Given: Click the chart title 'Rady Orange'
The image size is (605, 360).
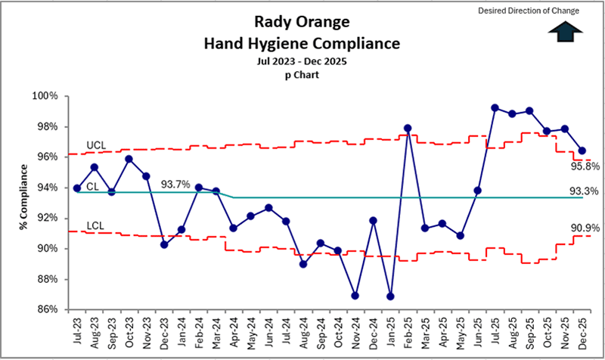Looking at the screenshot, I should (x=301, y=23).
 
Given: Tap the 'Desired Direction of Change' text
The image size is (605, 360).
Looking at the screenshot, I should (x=538, y=11).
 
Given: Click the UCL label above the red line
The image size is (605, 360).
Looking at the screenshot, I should (x=97, y=144).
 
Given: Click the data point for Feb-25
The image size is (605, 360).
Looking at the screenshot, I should (x=408, y=129).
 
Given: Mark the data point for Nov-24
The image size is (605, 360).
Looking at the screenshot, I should (x=355, y=295).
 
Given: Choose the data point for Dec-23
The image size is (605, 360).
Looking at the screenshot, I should (x=164, y=244).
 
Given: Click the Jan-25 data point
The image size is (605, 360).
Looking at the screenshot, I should (x=390, y=296).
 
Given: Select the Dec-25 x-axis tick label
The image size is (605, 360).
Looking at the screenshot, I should (x=582, y=331).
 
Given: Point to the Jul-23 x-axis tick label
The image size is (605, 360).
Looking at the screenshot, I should (x=77, y=331).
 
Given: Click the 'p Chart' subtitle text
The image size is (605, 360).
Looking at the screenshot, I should (x=301, y=75).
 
